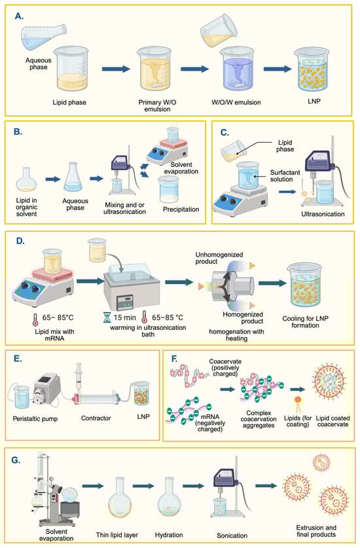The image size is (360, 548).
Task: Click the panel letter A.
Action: tap(19, 16)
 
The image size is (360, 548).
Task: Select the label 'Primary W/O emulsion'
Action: tap(157, 105)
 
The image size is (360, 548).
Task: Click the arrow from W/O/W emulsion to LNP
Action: tap(278, 69)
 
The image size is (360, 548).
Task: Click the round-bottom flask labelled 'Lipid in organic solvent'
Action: tap(27, 179)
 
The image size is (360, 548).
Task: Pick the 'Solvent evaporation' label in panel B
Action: tap(181, 168)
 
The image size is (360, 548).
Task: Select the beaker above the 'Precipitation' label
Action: tap(168, 189)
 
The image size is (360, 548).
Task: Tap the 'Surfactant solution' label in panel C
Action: tap(285, 176)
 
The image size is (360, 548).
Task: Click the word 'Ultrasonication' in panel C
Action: tap(323, 214)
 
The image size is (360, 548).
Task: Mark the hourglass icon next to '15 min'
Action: tap(107, 318)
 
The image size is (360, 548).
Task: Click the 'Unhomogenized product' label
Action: tap(219, 258)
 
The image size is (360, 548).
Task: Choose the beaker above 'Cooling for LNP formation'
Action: tap(304, 285)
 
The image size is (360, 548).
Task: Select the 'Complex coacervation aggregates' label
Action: tap(259, 419)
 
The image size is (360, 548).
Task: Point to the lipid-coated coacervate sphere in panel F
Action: tap(329, 380)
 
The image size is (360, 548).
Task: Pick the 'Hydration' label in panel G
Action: tap(169, 535)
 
